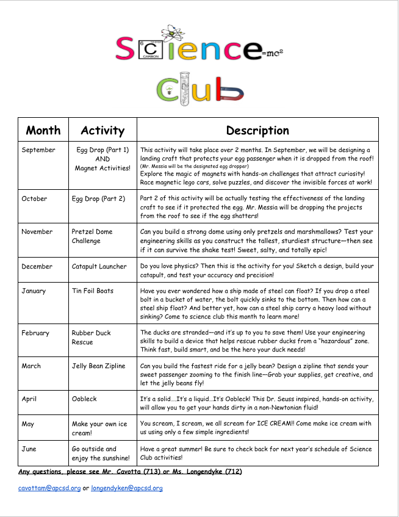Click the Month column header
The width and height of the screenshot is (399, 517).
(x=43, y=130)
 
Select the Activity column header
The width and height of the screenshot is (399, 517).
(x=102, y=130)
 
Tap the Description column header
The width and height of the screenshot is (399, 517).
(x=257, y=130)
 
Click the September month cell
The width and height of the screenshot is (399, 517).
(x=38, y=150)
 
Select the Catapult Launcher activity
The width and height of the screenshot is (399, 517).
(x=99, y=266)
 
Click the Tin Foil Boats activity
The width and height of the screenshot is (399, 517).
(x=93, y=291)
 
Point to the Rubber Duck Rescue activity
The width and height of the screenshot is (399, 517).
(x=91, y=338)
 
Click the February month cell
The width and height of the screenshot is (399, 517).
(x=35, y=333)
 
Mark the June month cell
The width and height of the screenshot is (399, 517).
(x=29, y=449)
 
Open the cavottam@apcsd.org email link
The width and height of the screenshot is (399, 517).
(x=49, y=488)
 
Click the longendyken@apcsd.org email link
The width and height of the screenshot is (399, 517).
(x=127, y=488)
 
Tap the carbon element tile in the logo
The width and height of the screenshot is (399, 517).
(x=149, y=48)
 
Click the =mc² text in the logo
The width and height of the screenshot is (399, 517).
(x=271, y=54)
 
